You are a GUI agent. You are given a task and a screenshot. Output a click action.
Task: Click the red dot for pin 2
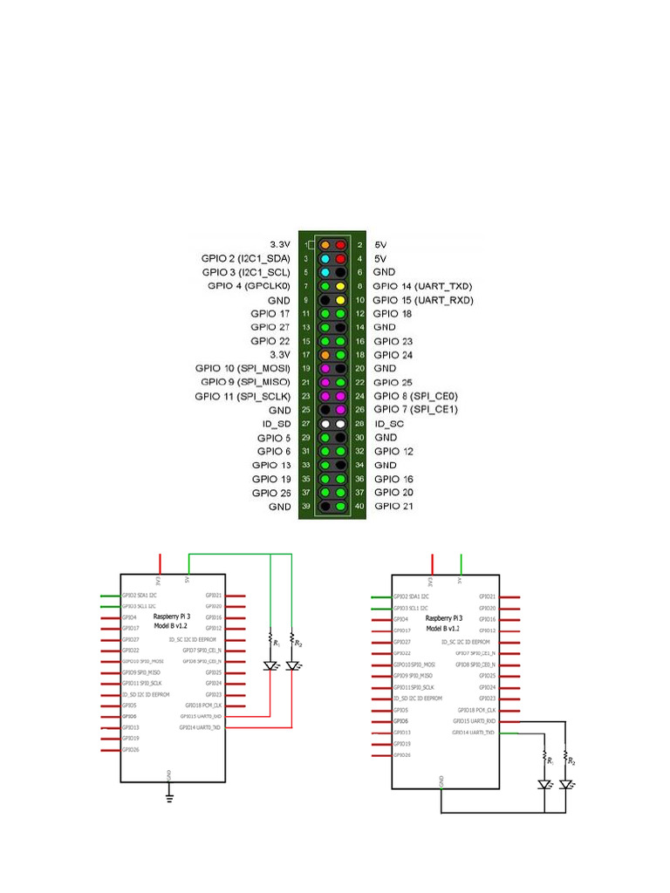tap(340, 245)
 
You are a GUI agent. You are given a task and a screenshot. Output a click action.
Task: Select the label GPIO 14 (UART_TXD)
tap(422, 286)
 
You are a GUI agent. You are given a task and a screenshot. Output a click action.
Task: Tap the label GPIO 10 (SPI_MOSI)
tap(245, 368)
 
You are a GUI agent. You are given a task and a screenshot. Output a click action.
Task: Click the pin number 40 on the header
tap(359, 507)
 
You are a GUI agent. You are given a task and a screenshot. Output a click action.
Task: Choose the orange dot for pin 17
tap(325, 355)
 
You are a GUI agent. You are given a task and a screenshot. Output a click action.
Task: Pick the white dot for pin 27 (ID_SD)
tap(325, 423)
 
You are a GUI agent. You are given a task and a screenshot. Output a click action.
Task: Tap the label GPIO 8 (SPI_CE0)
tap(415, 395)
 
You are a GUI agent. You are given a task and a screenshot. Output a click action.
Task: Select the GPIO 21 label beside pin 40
tap(394, 507)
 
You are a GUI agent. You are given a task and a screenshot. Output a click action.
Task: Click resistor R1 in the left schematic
tap(271, 640)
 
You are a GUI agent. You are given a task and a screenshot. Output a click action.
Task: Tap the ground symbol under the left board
tap(169, 795)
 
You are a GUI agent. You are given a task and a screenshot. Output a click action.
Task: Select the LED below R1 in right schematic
tap(544, 784)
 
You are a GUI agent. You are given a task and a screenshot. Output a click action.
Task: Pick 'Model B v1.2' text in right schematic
tap(444, 628)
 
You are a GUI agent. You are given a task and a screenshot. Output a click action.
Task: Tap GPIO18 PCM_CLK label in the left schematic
tap(203, 705)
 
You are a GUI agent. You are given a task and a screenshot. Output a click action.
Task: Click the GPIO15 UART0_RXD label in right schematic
tap(475, 721)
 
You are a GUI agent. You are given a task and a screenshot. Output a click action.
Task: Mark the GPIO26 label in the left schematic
tap(130, 749)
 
